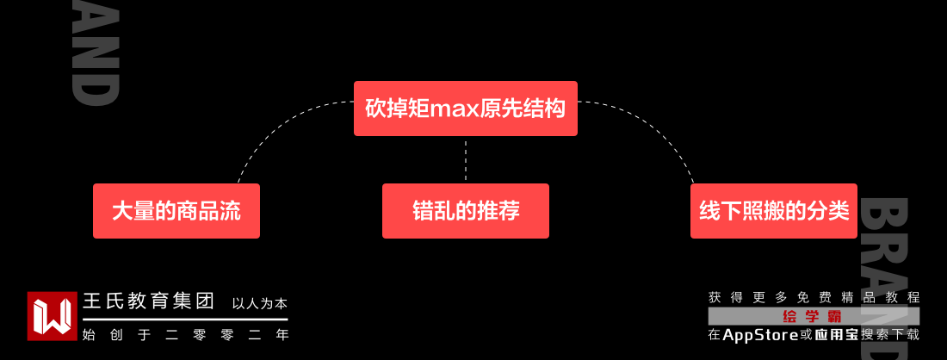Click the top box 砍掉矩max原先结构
[x=465, y=109]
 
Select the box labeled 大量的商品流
[x=176, y=211]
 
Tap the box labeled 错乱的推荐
[x=465, y=211]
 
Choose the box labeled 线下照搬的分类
[x=773, y=211]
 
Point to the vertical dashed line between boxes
[x=465, y=159]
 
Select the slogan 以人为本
[x=259, y=304]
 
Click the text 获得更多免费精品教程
[x=814, y=297]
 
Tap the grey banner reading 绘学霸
[x=814, y=316]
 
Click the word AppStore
[x=760, y=335]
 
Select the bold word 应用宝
[x=835, y=335]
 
